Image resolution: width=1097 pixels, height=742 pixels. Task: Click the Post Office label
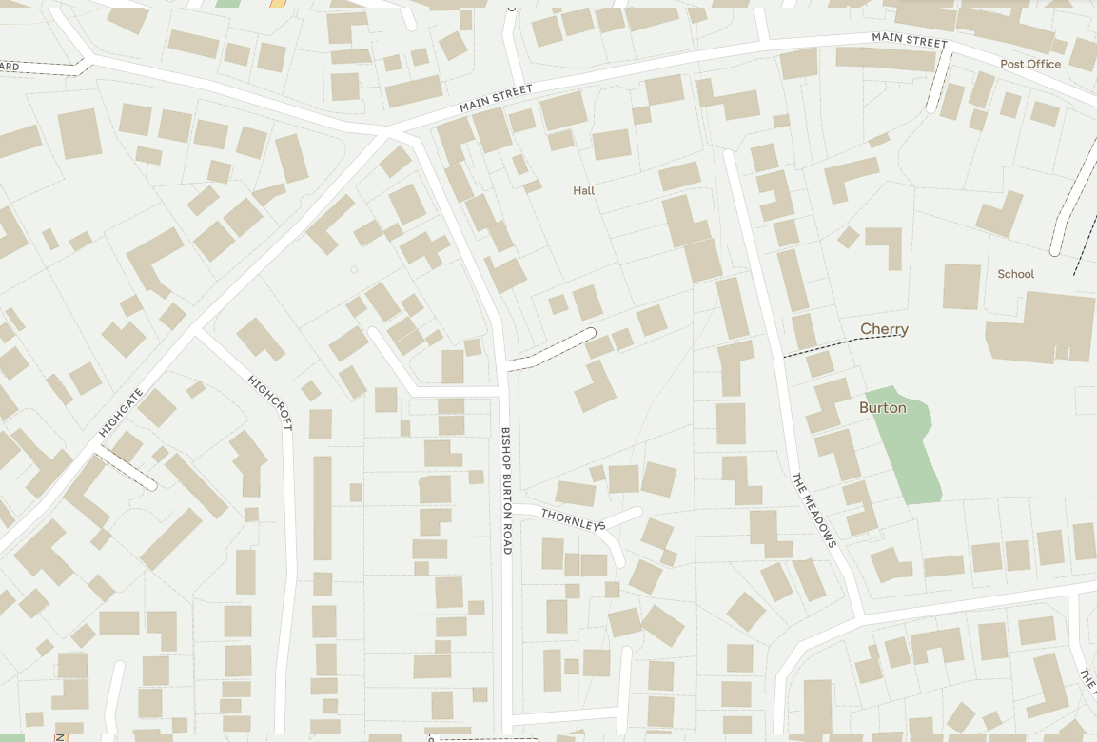(x=1030, y=64)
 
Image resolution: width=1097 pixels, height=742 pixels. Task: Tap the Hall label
(x=583, y=190)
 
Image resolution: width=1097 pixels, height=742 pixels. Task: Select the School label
(x=1015, y=274)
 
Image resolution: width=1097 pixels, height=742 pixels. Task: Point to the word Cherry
(x=884, y=329)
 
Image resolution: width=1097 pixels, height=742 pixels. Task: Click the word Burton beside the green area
(x=882, y=407)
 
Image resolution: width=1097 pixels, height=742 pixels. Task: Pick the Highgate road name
(x=121, y=412)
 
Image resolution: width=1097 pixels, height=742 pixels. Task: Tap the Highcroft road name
(x=270, y=402)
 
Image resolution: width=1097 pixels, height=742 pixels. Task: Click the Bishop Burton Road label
(x=506, y=490)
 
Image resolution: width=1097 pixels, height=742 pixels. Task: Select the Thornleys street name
(x=574, y=519)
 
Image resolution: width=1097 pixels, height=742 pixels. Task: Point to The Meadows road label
(x=814, y=510)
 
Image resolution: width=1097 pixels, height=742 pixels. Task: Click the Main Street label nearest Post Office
(x=910, y=40)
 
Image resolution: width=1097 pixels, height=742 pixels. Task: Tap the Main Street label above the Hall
(x=496, y=97)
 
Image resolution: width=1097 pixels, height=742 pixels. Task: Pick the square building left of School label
(x=961, y=285)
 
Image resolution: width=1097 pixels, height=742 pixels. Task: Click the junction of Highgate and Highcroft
(x=197, y=332)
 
